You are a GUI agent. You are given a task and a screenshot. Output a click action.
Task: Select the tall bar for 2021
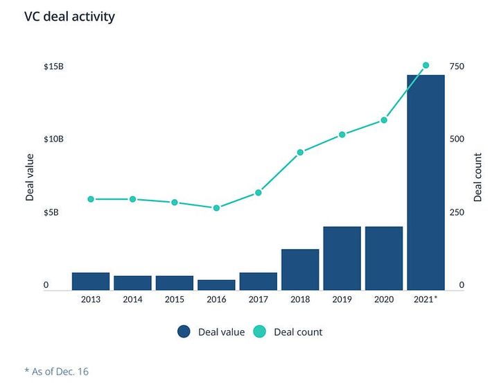point(426,182)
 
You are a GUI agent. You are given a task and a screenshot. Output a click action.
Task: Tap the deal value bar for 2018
point(300,269)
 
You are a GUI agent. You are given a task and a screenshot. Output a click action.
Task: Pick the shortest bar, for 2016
point(216,285)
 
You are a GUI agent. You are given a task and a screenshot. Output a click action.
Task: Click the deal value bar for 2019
point(342,258)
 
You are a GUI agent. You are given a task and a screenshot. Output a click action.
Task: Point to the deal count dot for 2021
point(426,65)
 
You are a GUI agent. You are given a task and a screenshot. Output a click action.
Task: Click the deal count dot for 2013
point(91,199)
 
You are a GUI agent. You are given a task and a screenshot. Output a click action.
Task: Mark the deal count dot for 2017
point(258,193)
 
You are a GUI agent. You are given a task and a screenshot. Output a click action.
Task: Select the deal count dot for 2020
point(384,120)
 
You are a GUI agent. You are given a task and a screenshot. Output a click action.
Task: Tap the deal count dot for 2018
point(300,152)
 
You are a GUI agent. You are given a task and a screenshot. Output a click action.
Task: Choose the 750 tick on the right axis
point(456,67)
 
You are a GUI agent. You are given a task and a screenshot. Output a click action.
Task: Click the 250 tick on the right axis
point(456,212)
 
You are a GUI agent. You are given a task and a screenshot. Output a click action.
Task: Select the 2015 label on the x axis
point(174,299)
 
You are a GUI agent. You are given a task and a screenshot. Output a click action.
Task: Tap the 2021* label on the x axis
point(426,299)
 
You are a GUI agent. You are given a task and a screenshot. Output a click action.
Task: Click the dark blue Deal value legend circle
point(184,332)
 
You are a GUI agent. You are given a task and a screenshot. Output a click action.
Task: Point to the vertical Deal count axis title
point(478,177)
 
